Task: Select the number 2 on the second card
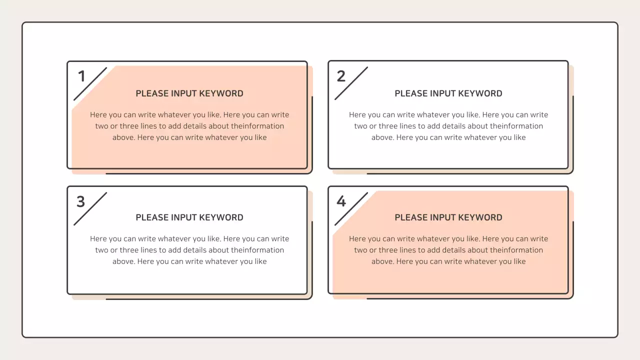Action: click(341, 76)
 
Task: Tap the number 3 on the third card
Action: click(81, 201)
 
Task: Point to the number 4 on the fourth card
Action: click(341, 201)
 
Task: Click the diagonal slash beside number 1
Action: click(90, 83)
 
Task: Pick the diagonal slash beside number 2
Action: click(351, 83)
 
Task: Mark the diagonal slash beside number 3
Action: click(90, 208)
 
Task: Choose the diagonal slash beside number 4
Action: click(351, 208)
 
